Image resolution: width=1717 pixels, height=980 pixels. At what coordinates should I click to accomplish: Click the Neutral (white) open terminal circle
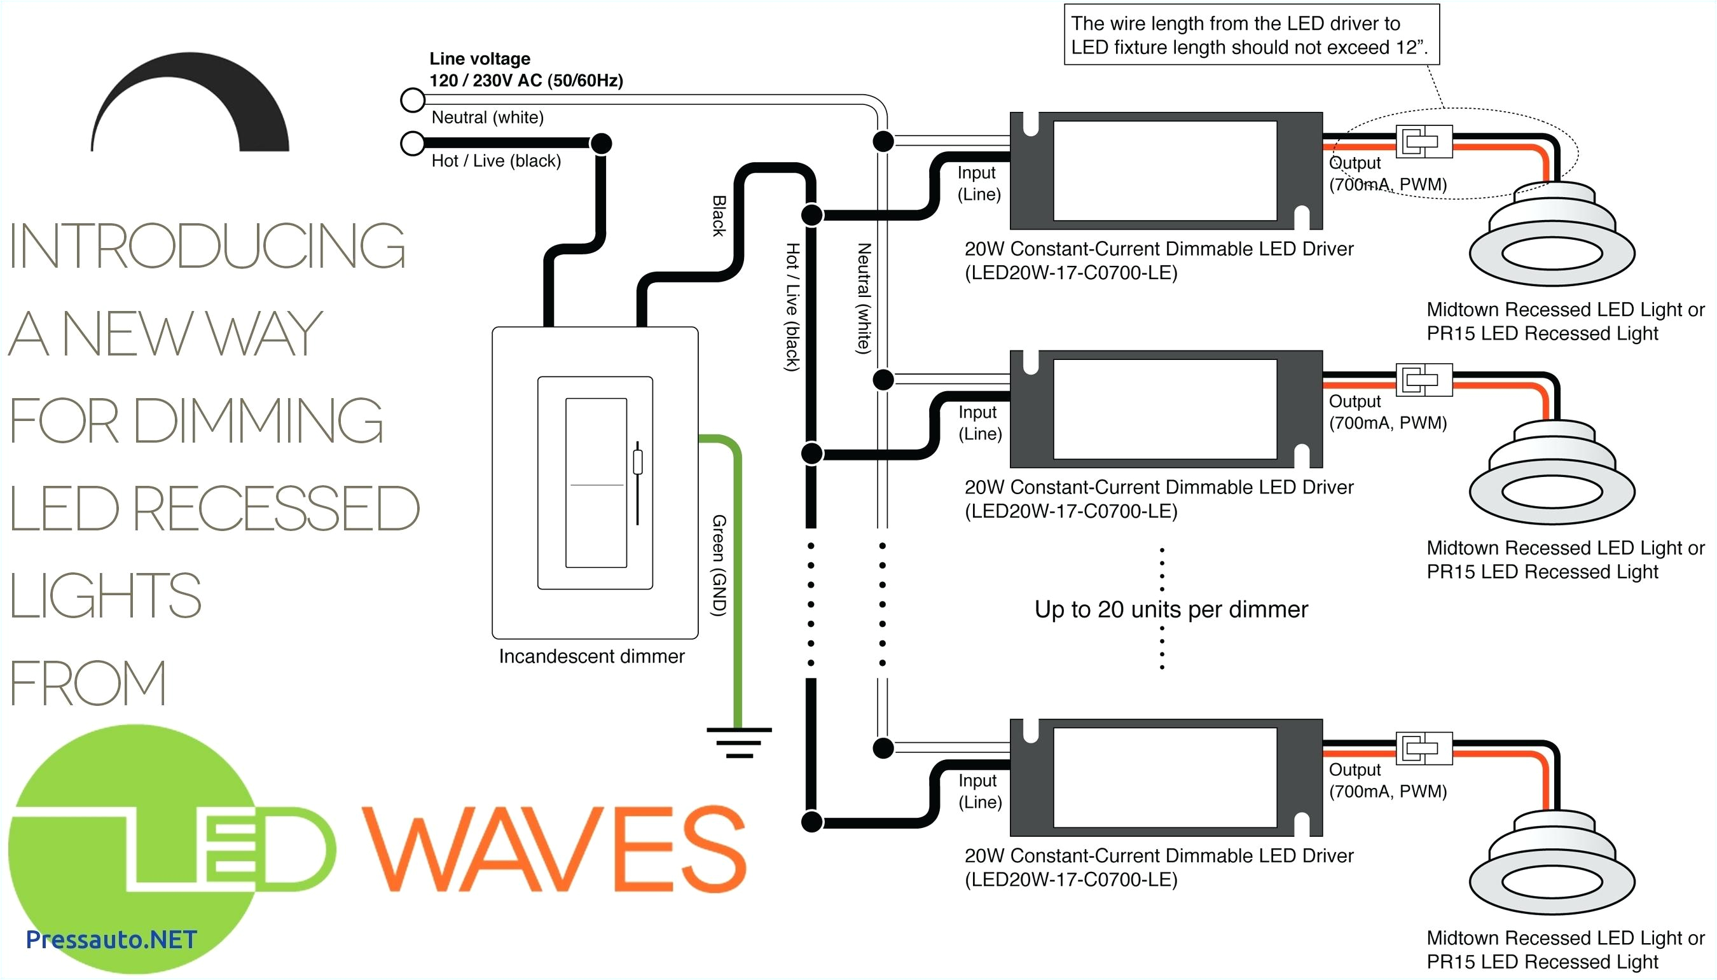pos(413,100)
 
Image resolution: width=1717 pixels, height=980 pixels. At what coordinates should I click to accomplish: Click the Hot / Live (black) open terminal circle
pos(413,143)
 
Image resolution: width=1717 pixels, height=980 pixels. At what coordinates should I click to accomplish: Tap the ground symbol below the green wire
pos(739,742)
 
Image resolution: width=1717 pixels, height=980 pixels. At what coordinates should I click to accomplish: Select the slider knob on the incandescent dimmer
pos(637,462)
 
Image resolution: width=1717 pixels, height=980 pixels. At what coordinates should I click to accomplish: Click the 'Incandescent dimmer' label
pos(591,656)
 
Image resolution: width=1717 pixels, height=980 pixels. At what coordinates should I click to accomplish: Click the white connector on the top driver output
pos(1424,142)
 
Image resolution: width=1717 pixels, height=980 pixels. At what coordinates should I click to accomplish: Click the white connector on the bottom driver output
pos(1424,748)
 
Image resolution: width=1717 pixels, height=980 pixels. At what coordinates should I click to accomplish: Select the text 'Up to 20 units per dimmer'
pos(1171,609)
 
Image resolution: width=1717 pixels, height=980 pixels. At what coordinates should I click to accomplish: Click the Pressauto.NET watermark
pos(111,939)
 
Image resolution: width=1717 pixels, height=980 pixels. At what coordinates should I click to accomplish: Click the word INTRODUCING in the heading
pos(207,246)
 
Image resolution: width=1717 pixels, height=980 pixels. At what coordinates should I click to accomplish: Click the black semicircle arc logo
pos(191,101)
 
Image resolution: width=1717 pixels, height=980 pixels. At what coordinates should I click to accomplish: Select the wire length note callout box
pos(1251,35)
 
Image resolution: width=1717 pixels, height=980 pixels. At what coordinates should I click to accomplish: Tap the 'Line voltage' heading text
pos(480,59)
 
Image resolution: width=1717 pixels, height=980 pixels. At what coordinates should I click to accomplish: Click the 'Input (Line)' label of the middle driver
pos(980,423)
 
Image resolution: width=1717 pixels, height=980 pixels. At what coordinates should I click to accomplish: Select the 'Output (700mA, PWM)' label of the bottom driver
pos(1387,780)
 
